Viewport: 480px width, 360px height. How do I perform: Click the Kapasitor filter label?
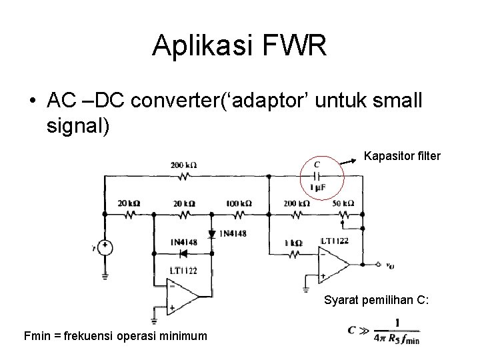[402, 157]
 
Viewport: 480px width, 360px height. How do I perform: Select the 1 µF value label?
[317, 189]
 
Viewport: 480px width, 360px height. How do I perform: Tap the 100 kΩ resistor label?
[239, 203]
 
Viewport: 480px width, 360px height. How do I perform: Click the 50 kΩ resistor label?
[343, 203]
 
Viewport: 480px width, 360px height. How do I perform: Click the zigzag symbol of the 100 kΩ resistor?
[239, 214]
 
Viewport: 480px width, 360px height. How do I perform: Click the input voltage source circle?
[105, 248]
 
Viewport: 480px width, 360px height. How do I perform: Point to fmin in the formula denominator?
[411, 340]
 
